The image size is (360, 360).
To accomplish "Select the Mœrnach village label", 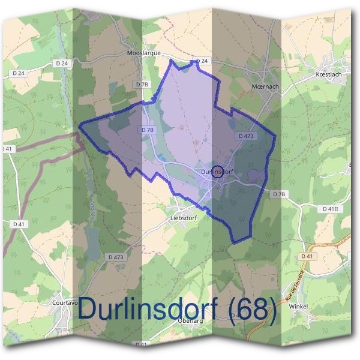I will (x=263, y=86).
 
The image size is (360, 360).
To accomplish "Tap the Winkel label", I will (x=316, y=306).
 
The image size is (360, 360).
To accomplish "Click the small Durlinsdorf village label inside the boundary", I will (x=217, y=172).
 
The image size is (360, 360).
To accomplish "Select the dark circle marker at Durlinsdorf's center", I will (x=218, y=172).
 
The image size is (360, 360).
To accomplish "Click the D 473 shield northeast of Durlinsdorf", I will (x=246, y=136).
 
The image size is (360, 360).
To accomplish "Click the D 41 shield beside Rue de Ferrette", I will (x=307, y=256).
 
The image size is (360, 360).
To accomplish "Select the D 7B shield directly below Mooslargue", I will (x=142, y=85).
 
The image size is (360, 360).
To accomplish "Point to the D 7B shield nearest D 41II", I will (x=280, y=194).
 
